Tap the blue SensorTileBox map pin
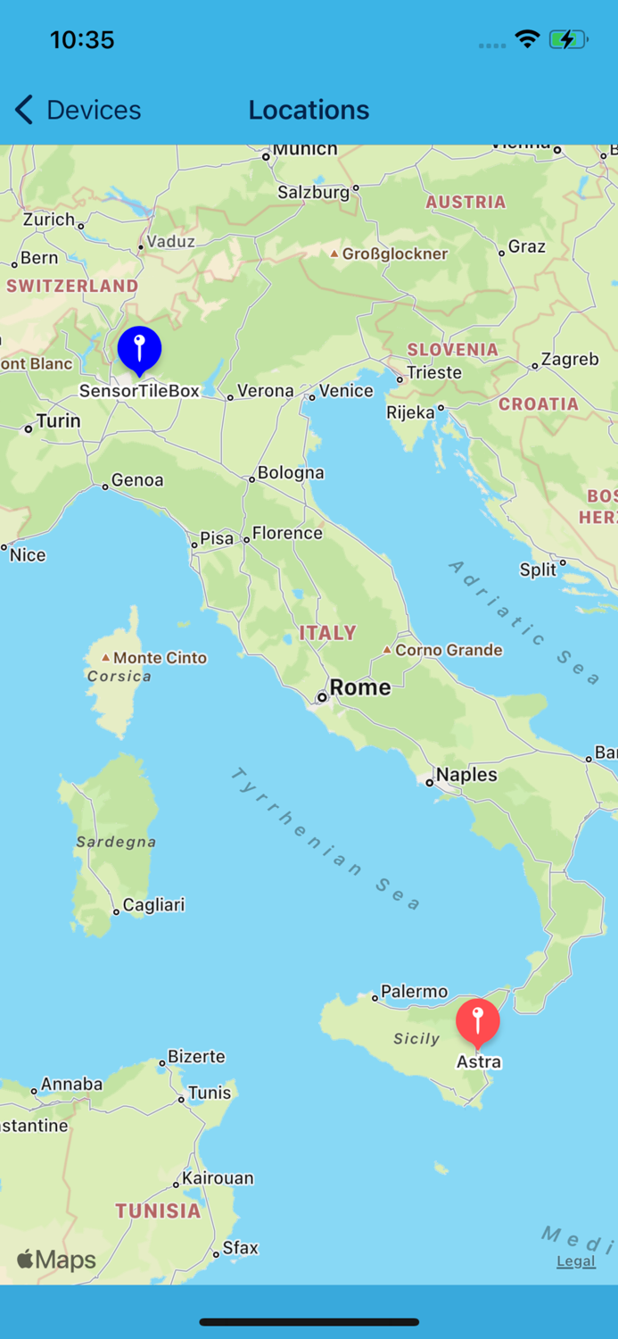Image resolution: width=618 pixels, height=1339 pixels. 139,349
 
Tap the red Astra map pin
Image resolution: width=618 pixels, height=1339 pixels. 478,1022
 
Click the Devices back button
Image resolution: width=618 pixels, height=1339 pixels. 78,110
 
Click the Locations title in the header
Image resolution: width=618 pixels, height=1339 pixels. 309,110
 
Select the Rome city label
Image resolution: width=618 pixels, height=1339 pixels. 359,687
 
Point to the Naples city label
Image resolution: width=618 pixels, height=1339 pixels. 466,775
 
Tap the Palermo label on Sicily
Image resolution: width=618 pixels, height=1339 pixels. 414,992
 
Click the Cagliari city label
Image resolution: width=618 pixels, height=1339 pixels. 153,905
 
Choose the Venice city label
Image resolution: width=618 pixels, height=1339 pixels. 346,391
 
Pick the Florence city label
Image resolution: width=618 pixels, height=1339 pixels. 287,533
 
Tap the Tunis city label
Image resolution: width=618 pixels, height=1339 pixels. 210,1093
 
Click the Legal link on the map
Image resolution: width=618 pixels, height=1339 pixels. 575,1261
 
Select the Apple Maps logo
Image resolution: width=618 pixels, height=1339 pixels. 56,1260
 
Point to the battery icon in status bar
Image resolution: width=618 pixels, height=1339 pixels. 567,39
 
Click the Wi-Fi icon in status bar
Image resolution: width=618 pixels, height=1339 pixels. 527,39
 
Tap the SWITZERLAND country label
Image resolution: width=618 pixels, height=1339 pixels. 72,286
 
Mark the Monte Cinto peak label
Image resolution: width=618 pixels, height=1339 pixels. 159,658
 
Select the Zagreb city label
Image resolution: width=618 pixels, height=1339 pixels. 570,360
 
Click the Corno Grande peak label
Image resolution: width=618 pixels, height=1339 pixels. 448,650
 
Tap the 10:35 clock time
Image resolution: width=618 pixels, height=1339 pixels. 82,40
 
